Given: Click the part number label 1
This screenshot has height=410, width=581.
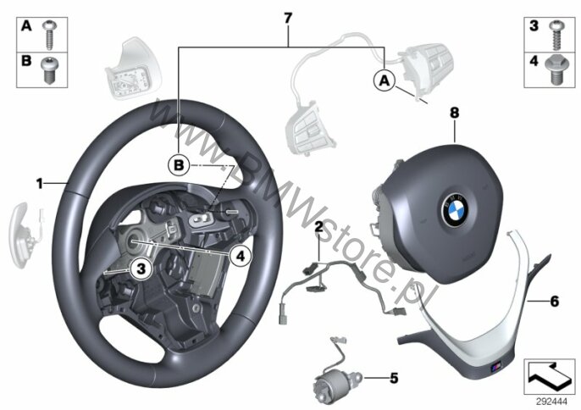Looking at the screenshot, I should (39, 182).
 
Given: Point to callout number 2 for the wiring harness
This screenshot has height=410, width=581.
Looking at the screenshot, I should (318, 227).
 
